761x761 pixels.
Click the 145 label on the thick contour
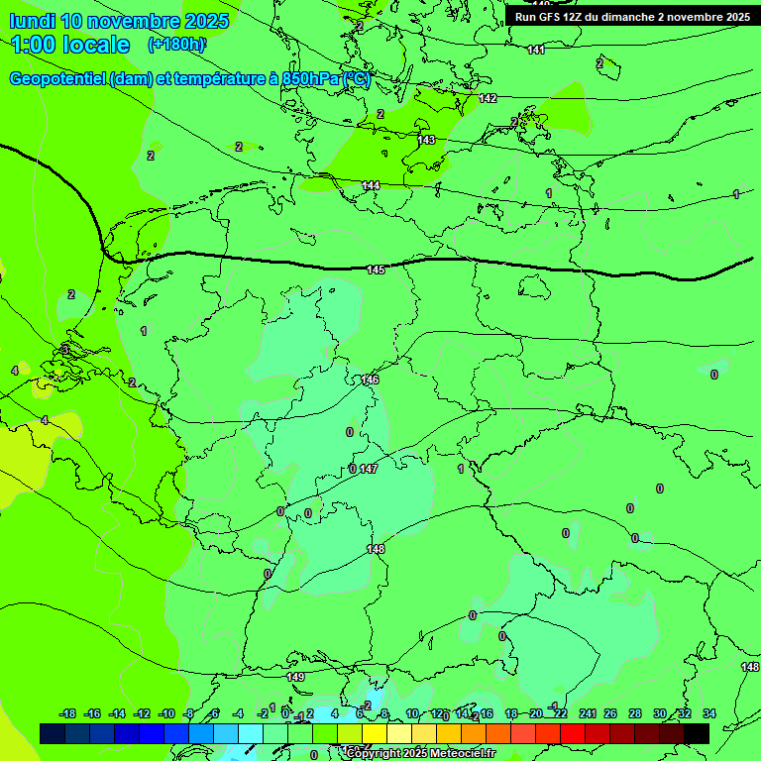pyautogui.click(x=376, y=270)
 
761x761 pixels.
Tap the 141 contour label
pyautogui.click(x=536, y=50)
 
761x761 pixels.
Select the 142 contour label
pyautogui.click(x=488, y=98)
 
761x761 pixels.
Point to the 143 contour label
pyautogui.click(x=426, y=140)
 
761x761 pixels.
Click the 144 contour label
pyautogui.click(x=371, y=185)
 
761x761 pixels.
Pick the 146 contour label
pyautogui.click(x=371, y=380)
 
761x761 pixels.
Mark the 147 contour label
pyautogui.click(x=369, y=469)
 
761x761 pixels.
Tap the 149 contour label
pyautogui.click(x=295, y=677)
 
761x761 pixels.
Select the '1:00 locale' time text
pyautogui.click(x=70, y=45)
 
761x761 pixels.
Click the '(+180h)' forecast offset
pyautogui.click(x=176, y=45)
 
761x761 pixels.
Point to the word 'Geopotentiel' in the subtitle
pyautogui.click(x=57, y=79)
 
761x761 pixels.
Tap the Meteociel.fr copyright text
pyautogui.click(x=420, y=754)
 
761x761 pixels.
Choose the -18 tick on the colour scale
pyautogui.click(x=68, y=713)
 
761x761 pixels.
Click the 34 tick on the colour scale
pyautogui.click(x=708, y=713)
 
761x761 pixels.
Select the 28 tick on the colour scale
pyautogui.click(x=634, y=713)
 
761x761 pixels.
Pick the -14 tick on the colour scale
pyautogui.click(x=117, y=713)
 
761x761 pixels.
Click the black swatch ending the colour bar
pyautogui.click(x=697, y=733)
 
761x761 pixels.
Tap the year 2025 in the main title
pyautogui.click(x=204, y=21)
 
